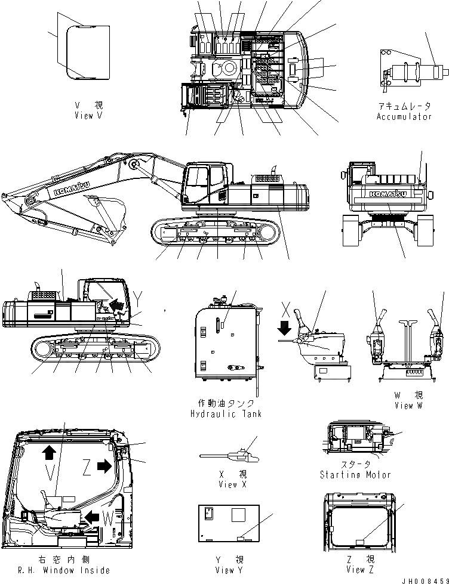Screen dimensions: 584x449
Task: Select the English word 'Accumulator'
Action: point(404,117)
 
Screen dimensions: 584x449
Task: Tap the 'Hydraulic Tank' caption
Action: point(225,413)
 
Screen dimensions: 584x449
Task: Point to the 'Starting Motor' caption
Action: point(355,474)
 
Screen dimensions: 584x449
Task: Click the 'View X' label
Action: point(227,484)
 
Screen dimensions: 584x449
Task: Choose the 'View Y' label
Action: point(229,570)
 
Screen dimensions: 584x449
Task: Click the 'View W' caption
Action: point(408,405)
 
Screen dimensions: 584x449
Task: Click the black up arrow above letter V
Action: point(49,452)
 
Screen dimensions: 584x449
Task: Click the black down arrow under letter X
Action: point(285,327)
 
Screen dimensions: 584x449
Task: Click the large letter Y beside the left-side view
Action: point(139,296)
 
